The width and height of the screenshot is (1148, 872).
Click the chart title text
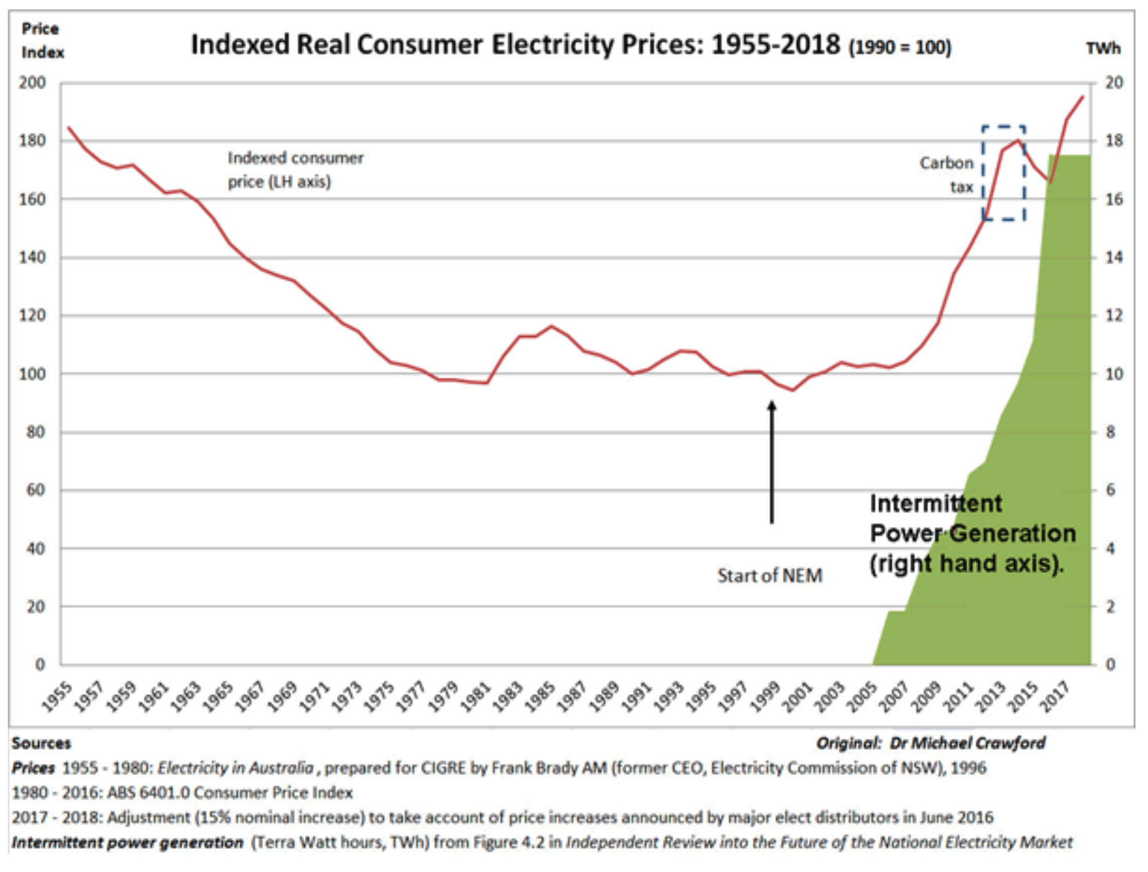570,45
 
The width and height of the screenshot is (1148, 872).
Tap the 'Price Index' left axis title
42,41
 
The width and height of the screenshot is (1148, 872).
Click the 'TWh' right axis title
1103,48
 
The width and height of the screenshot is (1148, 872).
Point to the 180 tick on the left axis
32,140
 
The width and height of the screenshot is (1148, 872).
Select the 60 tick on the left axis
35,490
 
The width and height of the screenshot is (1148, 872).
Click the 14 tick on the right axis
1114,257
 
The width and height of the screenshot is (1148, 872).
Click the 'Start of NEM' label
770,575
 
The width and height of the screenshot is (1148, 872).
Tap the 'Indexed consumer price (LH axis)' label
295,170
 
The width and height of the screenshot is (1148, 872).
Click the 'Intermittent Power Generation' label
972,533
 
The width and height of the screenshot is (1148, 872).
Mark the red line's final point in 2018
1083,96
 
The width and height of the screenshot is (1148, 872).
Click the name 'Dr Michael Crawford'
967,743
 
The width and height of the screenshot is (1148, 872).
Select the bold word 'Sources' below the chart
42,743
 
